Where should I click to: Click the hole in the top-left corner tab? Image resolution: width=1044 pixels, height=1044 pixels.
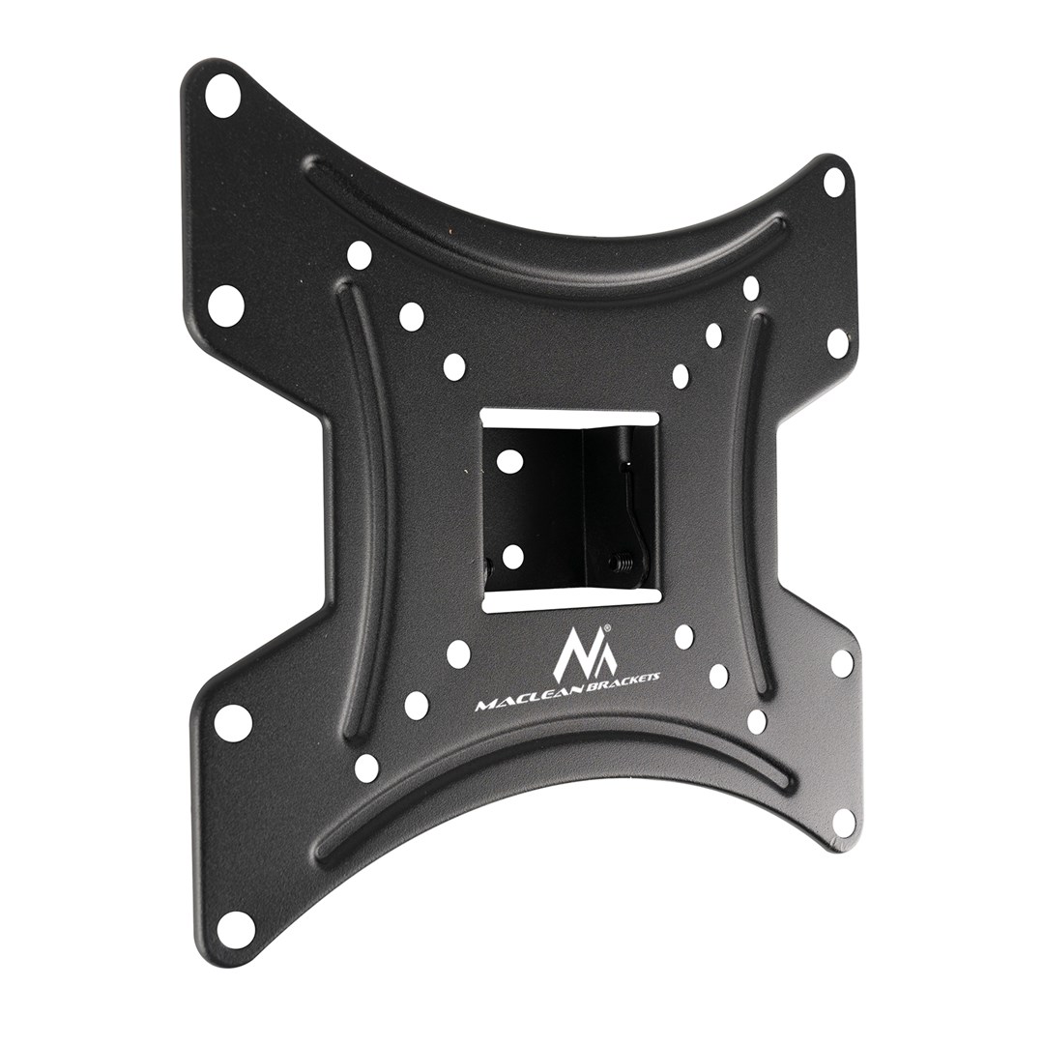[223, 99]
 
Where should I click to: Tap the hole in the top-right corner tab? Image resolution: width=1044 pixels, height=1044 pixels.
[833, 180]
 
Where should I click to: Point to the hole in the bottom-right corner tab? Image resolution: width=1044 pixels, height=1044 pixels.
[843, 822]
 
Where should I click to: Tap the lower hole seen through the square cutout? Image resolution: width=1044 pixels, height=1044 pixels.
[512, 556]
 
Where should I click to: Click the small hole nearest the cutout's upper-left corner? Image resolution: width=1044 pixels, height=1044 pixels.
[453, 365]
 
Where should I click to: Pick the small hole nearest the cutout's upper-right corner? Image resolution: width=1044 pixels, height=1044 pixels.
[681, 374]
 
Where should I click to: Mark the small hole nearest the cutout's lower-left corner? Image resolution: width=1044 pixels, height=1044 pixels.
[457, 653]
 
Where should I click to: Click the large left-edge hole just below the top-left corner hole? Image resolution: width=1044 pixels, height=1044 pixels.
[226, 303]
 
